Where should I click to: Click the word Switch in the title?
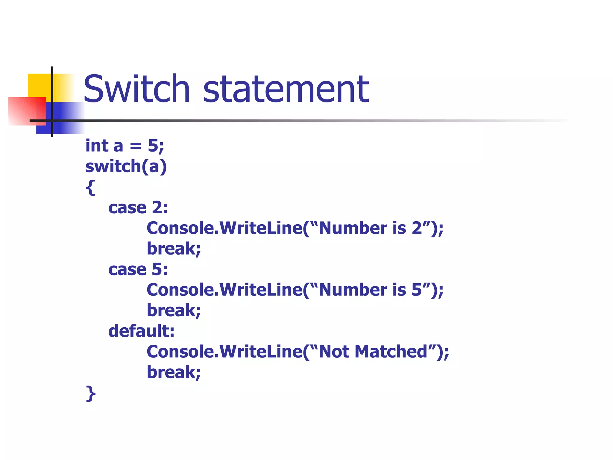[136, 89]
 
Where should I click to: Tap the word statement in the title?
[286, 89]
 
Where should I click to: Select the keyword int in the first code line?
[97, 146]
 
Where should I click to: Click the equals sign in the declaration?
[135, 146]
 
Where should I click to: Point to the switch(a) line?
[126, 167]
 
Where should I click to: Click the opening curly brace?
[90, 187]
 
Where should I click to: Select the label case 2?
[138, 208]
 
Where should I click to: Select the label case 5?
[138, 269]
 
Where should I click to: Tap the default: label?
[141, 331]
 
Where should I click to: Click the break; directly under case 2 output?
[174, 249]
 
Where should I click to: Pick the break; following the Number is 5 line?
[174, 311]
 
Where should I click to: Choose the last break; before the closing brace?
[174, 372]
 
